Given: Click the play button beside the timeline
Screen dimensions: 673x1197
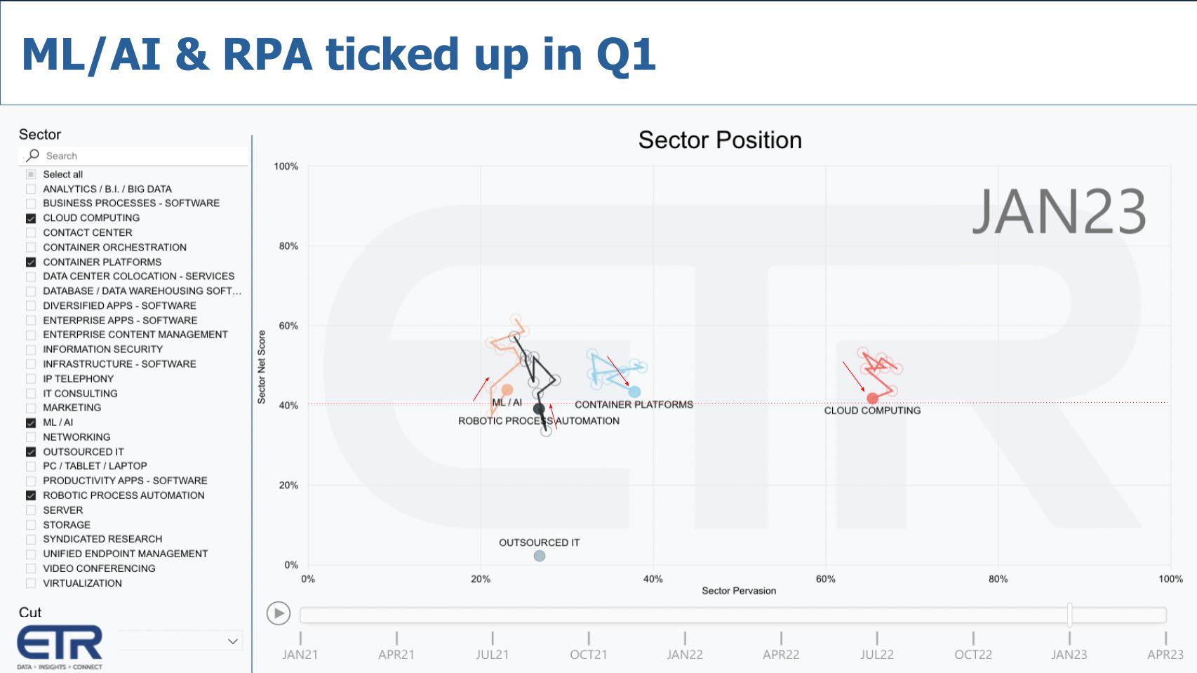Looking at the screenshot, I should tap(279, 613).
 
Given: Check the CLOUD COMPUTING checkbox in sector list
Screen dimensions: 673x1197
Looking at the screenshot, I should tap(31, 218).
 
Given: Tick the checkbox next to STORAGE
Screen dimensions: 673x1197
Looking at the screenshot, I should tap(31, 525).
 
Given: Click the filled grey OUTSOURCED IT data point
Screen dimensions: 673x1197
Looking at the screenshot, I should tap(539, 556).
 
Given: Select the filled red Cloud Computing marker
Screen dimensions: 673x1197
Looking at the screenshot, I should tap(872, 399).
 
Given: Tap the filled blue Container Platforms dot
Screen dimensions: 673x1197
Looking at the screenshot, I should tap(634, 392).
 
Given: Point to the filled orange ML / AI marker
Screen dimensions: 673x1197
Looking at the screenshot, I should tap(507, 389).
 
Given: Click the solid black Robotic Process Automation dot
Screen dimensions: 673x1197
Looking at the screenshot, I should tap(539, 408).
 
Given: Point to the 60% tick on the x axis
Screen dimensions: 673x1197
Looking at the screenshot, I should tap(825, 579).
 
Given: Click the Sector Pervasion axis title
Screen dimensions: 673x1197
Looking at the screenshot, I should tap(738, 591).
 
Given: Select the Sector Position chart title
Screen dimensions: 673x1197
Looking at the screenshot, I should tap(719, 140).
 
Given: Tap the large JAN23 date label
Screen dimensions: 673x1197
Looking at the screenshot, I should tap(1058, 211).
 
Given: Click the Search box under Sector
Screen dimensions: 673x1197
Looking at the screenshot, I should tap(140, 156).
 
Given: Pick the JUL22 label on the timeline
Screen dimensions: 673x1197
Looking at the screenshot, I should tap(876, 654).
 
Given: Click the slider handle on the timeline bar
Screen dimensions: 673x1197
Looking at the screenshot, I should tap(1069, 615).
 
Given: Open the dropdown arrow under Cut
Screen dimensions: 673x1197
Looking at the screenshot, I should tap(232, 641).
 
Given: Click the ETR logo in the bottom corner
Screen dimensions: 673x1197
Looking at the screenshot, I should tap(60, 646).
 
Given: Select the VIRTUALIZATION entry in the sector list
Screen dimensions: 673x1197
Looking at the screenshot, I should tap(82, 583).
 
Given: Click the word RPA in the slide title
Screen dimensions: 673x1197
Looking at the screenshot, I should tap(267, 54).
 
